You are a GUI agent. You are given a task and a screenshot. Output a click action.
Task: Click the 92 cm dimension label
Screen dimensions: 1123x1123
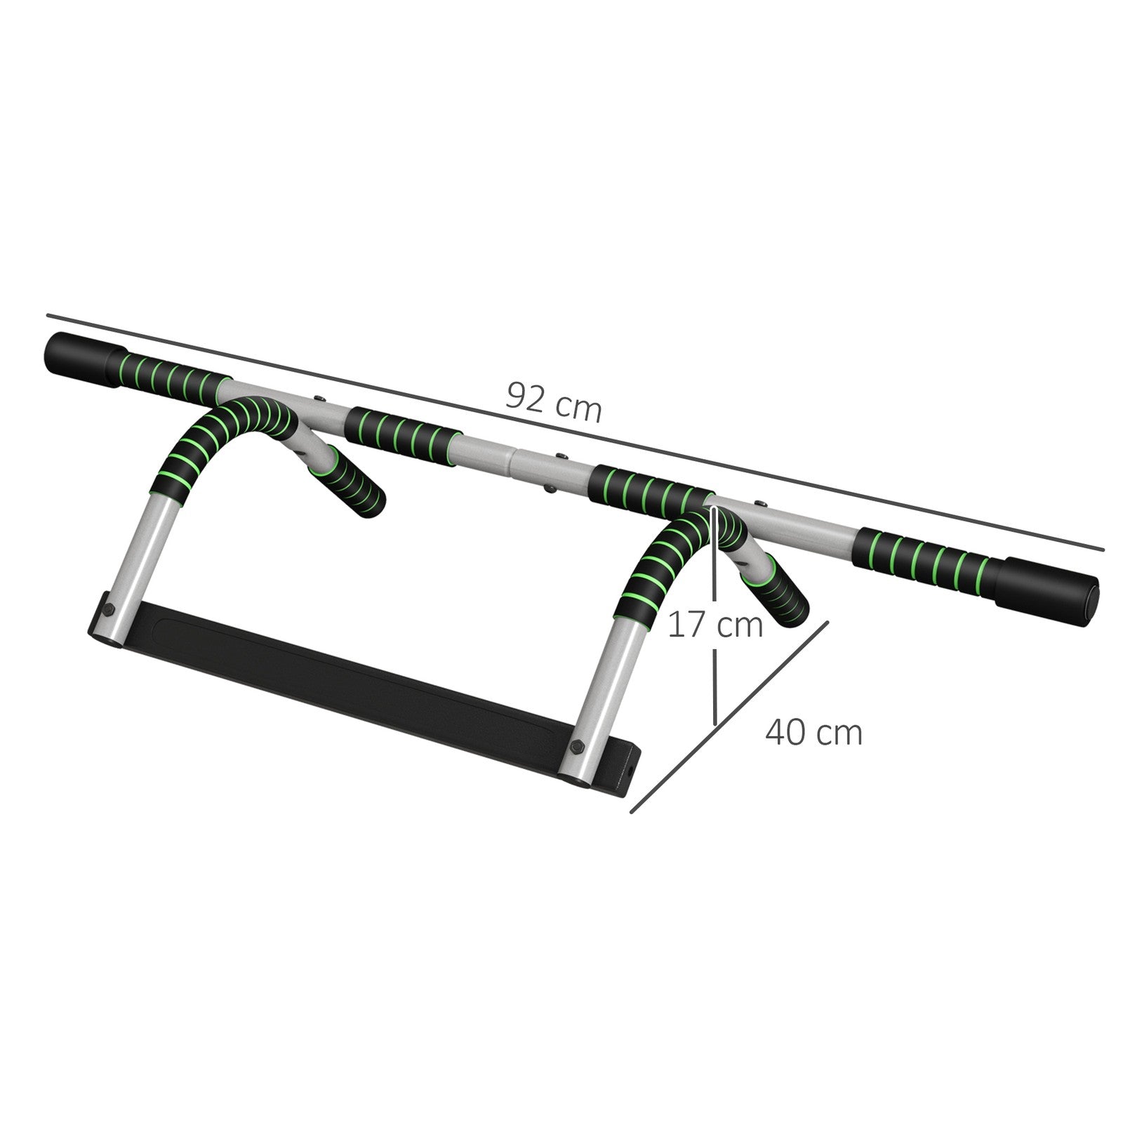click(x=554, y=402)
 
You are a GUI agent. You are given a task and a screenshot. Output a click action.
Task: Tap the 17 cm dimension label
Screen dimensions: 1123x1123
click(x=715, y=625)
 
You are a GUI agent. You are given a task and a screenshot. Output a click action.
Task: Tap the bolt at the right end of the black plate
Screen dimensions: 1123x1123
click(x=578, y=746)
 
